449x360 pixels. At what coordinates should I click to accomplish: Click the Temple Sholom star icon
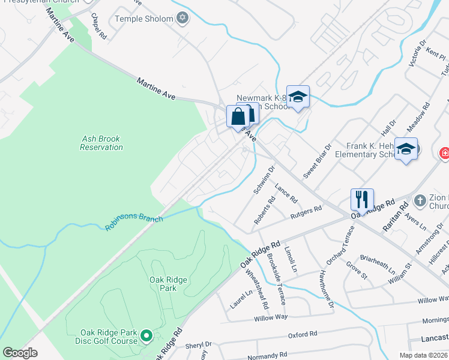[x=183, y=19]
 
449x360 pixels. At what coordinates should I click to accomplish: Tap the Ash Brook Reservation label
[x=101, y=143]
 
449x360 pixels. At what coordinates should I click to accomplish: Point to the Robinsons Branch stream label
[x=134, y=223]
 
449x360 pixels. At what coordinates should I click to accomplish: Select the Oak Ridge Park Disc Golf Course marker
[x=146, y=337]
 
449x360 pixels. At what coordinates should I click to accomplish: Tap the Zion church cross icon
[x=420, y=200]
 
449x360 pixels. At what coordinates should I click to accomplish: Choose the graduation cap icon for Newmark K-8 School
[x=298, y=97]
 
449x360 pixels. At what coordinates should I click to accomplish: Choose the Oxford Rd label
[x=302, y=335]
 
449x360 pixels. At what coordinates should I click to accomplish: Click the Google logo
[x=20, y=352]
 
